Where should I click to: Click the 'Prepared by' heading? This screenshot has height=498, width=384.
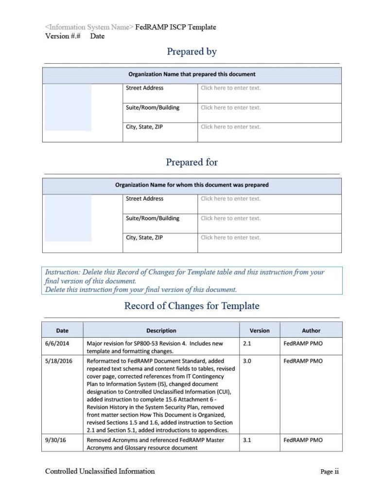pos(192,52)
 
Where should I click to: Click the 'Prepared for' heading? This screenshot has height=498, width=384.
pos(192,162)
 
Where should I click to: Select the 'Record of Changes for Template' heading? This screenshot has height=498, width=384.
pos(192,306)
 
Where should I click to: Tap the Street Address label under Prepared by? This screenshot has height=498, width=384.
pos(144,88)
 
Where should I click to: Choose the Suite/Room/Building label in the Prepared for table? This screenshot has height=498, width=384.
pos(152,218)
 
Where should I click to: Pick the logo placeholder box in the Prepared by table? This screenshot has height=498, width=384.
pos(68,108)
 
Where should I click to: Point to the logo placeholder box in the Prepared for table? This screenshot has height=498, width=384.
pos(68,218)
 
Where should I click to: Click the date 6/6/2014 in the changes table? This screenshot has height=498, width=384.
pos(57,343)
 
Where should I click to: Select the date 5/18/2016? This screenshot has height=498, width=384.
pos(59,361)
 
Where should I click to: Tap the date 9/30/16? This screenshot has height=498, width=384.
pos(55,440)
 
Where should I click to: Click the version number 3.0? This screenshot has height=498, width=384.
pos(247,361)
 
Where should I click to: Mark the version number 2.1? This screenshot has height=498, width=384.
pos(247,343)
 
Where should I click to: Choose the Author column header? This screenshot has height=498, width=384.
pos(311,331)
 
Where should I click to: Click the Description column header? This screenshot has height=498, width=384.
pos(161,331)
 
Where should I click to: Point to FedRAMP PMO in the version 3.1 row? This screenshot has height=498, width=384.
pos(302,440)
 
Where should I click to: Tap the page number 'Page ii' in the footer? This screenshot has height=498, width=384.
pos(329,471)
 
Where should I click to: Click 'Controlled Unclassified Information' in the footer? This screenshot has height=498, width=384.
pos(100,471)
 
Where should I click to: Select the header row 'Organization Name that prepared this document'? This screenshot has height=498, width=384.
pos(192,74)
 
